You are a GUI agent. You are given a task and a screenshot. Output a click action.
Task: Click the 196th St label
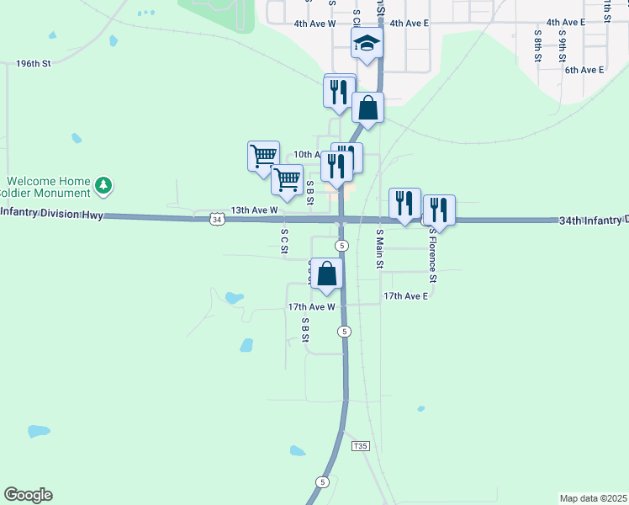coord(34,63)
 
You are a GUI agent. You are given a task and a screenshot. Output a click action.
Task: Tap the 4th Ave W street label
coord(314,24)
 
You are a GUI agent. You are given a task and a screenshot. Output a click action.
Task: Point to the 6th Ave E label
coord(584,70)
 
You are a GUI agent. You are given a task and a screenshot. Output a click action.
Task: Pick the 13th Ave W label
coord(254,210)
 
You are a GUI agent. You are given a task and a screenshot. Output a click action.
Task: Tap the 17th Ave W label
coord(311,308)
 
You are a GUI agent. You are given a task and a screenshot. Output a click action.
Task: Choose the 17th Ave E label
coord(405,296)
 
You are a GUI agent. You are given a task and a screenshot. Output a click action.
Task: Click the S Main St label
coord(380,248)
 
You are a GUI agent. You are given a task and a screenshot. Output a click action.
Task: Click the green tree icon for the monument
coord(103,185)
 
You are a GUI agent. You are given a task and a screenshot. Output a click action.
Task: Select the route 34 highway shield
coord(218,220)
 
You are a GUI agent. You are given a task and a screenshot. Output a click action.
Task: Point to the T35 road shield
coord(361,445)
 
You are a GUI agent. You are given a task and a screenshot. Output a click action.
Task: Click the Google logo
coord(28,495)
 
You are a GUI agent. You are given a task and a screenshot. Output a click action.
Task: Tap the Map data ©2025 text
coord(593,498)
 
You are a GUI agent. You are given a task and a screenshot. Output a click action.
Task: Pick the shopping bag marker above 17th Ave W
coord(328,274)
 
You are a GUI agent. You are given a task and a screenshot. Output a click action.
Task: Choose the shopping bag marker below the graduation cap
coord(367,108)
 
